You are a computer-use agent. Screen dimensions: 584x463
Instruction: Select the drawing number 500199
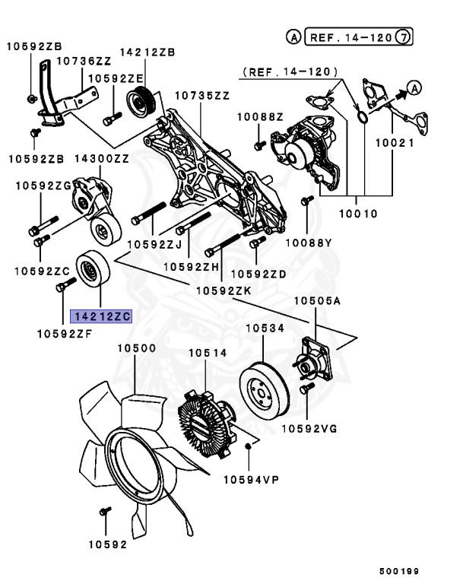400,570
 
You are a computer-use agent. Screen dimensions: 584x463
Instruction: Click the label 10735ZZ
202,96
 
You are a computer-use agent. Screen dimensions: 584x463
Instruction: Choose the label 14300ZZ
101,159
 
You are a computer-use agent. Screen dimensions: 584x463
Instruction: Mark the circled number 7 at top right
407,36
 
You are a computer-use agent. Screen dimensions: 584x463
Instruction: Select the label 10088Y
309,243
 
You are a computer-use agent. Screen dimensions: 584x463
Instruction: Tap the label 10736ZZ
84,60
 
